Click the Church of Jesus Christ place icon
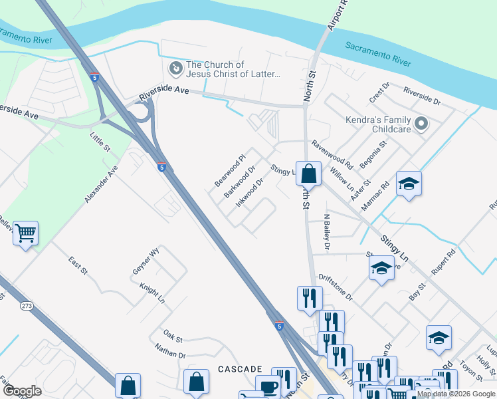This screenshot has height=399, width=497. coord(175,68)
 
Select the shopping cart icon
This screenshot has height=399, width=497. coord(25,233)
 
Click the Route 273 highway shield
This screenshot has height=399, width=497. coord(27,306)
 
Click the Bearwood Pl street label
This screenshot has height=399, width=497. coord(230,170)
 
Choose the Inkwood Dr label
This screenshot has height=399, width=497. coord(251,190)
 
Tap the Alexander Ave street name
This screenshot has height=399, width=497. coord(101,184)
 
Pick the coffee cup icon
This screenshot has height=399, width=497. coord(269,388)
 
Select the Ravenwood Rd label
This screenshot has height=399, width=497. coord(331,152)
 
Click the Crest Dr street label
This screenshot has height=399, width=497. coord(379,92)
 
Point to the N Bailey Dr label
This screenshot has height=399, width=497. coord(326,232)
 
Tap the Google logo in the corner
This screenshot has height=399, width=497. coord(22,391)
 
